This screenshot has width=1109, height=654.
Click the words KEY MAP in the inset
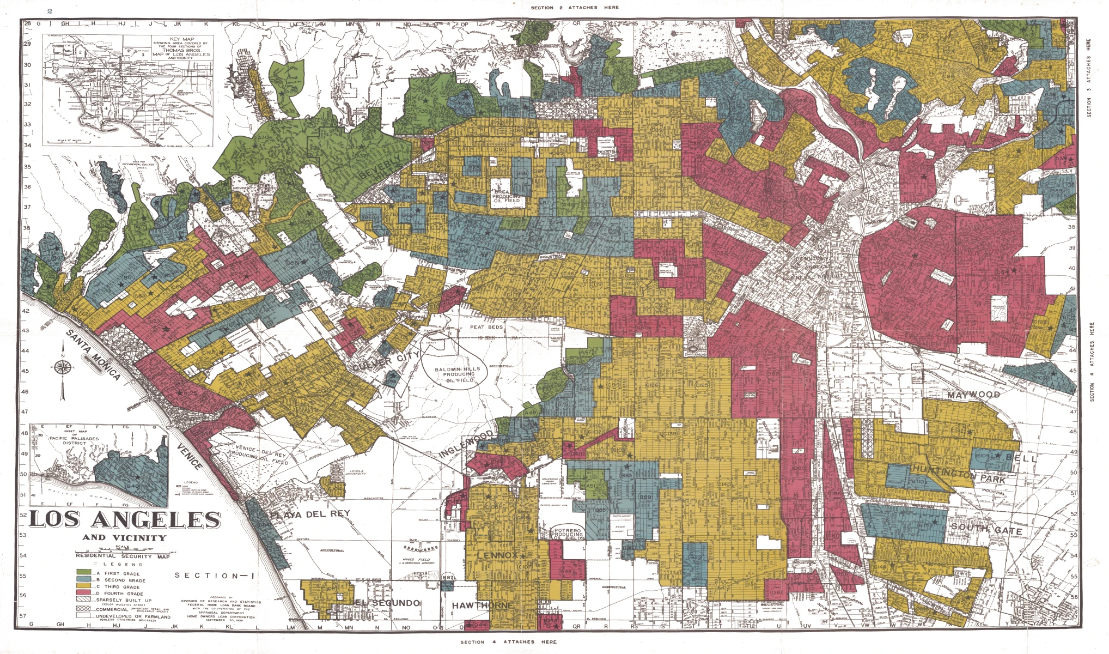181,39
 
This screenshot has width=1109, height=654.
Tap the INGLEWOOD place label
466,444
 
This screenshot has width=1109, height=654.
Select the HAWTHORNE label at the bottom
483,605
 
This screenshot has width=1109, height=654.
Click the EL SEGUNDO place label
388,603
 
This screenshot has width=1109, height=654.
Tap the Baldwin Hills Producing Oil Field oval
458,374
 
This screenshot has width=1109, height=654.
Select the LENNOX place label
497,555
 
